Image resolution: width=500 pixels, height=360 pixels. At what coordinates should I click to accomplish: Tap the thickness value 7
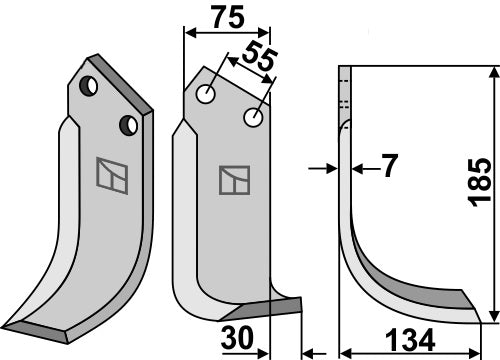[385, 168]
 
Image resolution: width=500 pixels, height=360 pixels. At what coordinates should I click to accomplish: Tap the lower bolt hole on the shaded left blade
[127, 125]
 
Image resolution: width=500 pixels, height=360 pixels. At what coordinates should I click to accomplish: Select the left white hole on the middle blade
[208, 95]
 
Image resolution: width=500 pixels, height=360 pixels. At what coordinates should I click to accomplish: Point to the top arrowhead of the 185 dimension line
[492, 70]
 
